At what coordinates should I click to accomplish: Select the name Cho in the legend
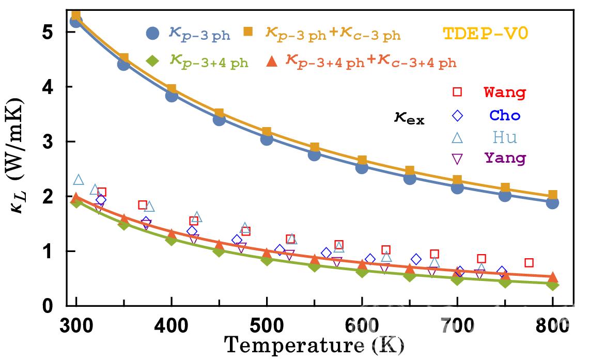coord(505,115)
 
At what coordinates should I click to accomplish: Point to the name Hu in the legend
coord(505,137)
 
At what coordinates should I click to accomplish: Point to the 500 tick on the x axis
coord(267,326)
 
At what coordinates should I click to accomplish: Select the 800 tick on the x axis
coord(553,326)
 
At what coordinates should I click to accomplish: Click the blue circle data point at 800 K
coord(552,202)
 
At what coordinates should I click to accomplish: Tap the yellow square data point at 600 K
coord(362,161)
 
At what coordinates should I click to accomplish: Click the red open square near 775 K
coord(529,263)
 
